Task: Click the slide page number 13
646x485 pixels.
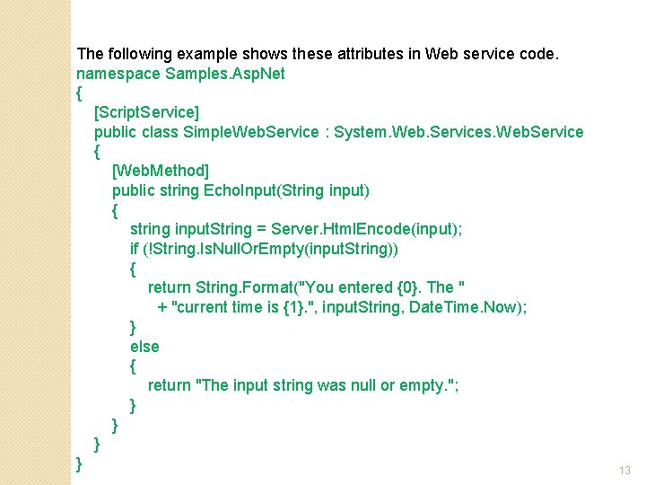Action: pos(625,471)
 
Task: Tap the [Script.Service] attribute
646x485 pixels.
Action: pos(147,112)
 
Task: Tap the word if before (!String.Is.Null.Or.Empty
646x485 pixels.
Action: pos(135,249)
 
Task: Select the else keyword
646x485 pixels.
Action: pos(144,347)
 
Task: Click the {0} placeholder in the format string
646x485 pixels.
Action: pos(407,287)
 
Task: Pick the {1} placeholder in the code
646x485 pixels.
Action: pos(296,307)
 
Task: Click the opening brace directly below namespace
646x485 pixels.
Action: pos(80,93)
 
